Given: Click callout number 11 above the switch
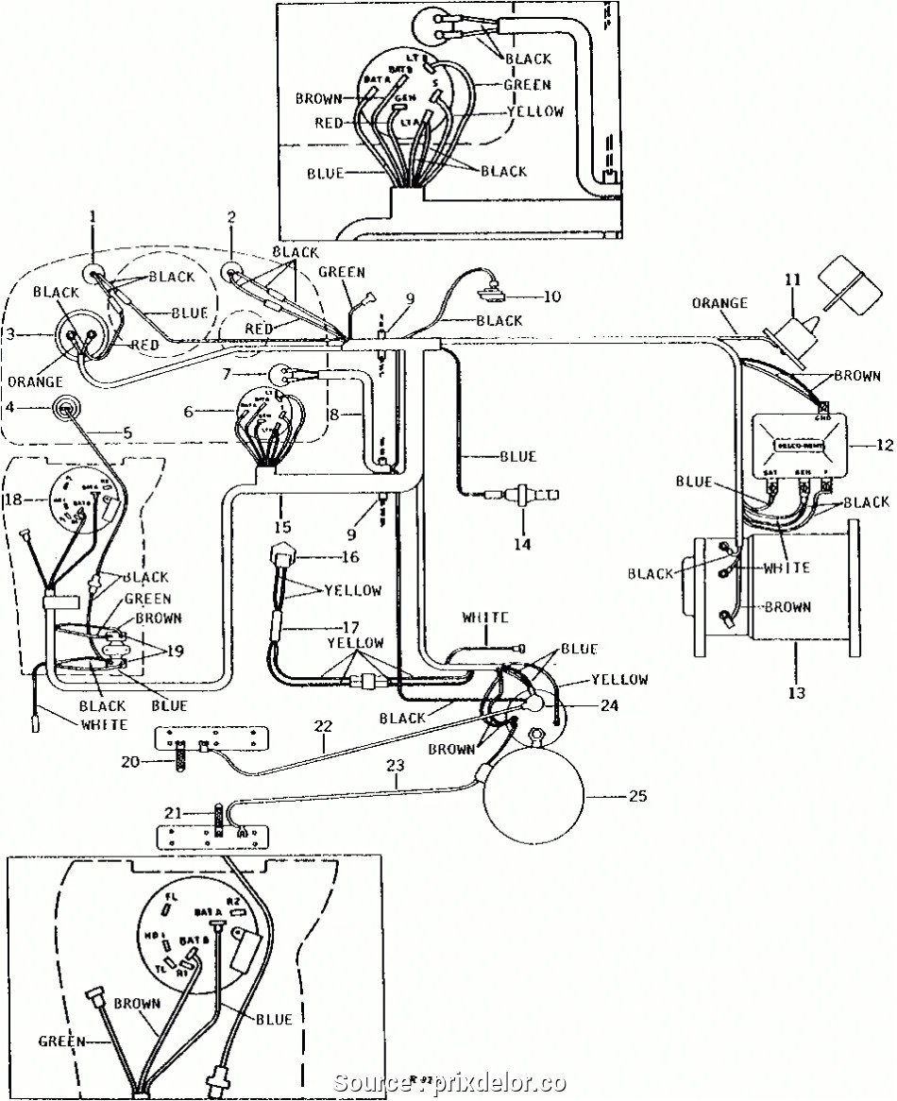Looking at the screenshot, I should (791, 279).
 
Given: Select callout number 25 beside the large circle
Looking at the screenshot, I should (637, 796).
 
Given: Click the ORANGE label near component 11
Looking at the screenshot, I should (719, 303).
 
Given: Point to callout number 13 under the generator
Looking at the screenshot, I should (797, 693).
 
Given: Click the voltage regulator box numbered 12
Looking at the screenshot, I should (798, 445).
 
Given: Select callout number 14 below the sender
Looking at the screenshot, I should (522, 544).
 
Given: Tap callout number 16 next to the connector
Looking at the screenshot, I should (350, 557).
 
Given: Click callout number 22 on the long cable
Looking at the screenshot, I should (324, 725).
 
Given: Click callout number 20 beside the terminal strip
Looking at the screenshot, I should (129, 760).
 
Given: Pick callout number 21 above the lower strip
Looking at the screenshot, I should (171, 813).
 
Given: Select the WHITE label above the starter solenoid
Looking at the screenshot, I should (485, 618).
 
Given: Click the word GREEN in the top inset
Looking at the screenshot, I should (527, 84).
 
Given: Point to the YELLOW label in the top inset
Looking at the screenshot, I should (535, 110).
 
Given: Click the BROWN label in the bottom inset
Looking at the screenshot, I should (138, 1003).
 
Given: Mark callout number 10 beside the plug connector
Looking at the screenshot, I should (552, 296).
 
